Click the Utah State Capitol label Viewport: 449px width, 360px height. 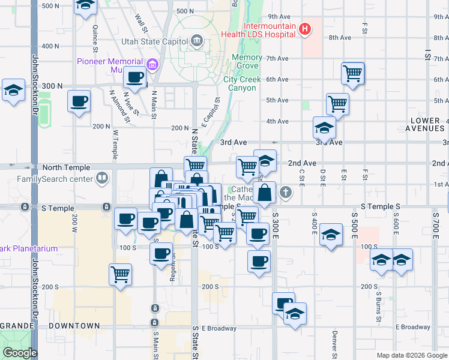pyautogui.click(x=154, y=41)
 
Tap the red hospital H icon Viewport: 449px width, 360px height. pyautogui.click(x=306, y=29)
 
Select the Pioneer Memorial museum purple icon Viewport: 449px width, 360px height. pyautogui.click(x=151, y=64)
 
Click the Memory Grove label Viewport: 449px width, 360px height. pyautogui.click(x=247, y=62)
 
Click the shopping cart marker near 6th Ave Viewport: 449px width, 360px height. pyautogui.click(x=353, y=74)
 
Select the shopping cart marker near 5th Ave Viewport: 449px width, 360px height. pyautogui.click(x=338, y=104)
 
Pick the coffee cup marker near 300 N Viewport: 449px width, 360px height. pyautogui.click(x=79, y=101)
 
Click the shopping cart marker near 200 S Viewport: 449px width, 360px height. pyautogui.click(x=121, y=274)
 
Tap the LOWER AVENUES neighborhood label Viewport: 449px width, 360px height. pyautogui.click(x=427, y=124)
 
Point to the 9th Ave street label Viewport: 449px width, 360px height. pyautogui.click(x=279, y=16)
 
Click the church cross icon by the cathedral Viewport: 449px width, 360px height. pyautogui.click(x=286, y=193)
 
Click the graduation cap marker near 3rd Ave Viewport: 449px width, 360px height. pyautogui.click(x=324, y=128)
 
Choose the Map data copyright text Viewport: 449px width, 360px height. pyautogui.click(x=411, y=355)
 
